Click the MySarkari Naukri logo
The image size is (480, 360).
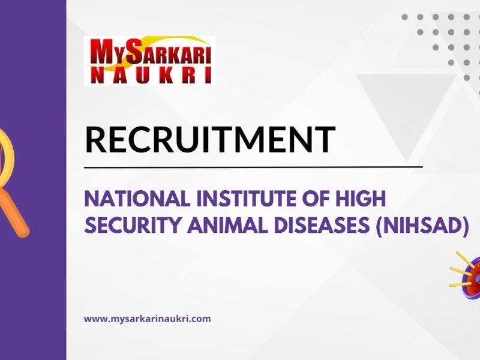[x=149, y=60]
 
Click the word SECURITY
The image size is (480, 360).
[x=127, y=226]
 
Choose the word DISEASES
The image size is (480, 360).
[x=328, y=226]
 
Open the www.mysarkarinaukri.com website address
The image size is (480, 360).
[x=147, y=319]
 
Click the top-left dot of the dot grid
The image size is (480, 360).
[x=405, y=17]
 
